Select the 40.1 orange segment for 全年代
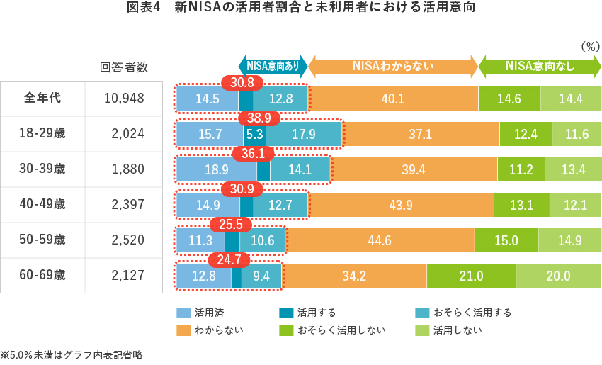(x=392, y=99)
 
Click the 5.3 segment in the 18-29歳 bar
(x=255, y=133)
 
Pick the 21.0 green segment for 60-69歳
(x=470, y=276)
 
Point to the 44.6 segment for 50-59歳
(x=380, y=240)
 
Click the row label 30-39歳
(x=42, y=169)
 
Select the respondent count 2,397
(x=127, y=204)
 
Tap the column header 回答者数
(x=125, y=67)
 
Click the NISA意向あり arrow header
(x=273, y=67)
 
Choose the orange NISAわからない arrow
(x=393, y=67)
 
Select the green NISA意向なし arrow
(x=540, y=67)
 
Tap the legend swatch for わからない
(x=183, y=330)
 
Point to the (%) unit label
(x=590, y=46)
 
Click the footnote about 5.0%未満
(x=71, y=354)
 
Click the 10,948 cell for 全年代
(x=124, y=98)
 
